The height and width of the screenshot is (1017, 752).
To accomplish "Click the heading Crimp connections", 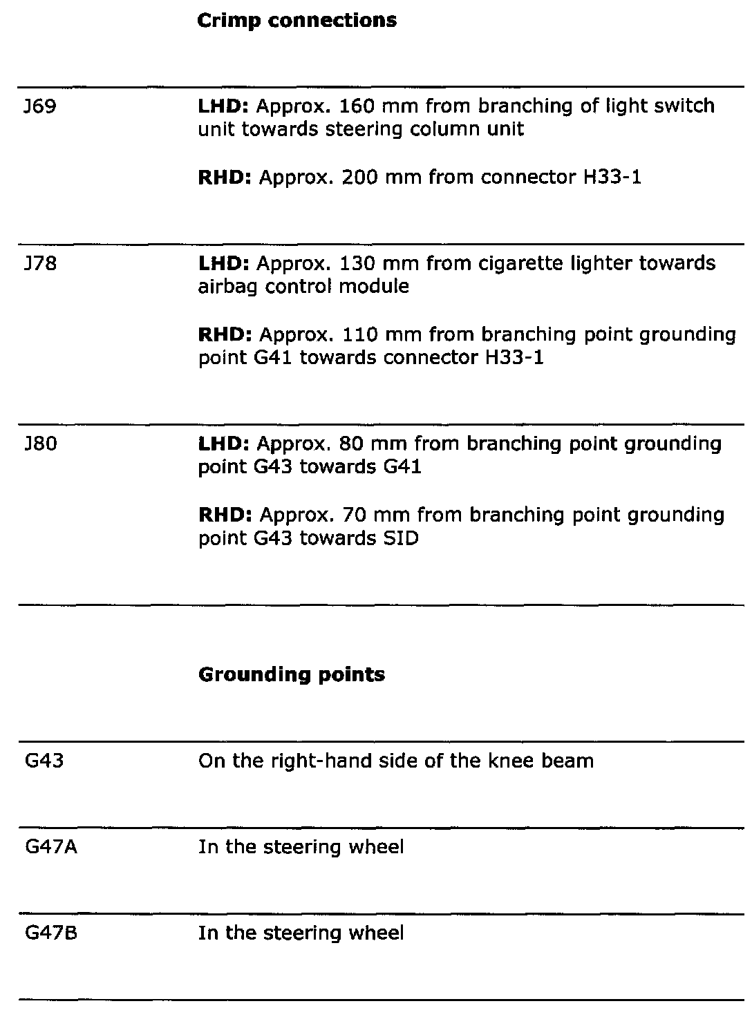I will coord(297,21).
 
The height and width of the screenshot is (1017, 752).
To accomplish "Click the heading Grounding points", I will coord(291,674).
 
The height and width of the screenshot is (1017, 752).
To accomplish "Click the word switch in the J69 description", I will coord(681,106).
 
